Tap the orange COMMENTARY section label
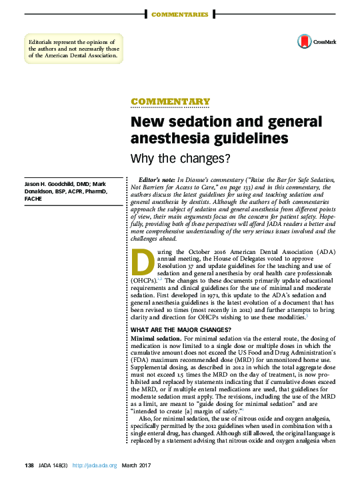tap(170, 102)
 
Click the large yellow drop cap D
tap(142, 264)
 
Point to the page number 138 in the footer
tap(29, 465)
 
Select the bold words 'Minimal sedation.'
tap(155, 340)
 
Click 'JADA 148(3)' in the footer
tap(53, 465)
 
